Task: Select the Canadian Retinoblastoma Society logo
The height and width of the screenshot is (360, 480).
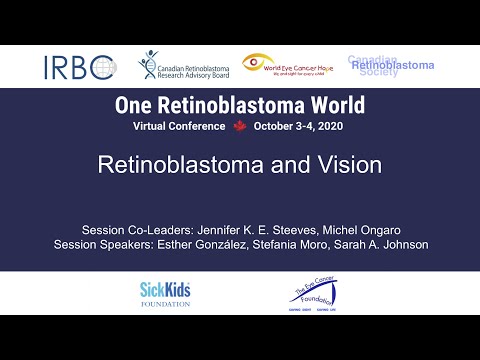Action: point(391,66)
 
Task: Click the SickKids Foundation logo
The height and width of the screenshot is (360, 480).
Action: point(165,293)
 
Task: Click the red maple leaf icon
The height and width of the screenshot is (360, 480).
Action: point(239,127)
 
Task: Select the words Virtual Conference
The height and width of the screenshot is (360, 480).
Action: point(179,127)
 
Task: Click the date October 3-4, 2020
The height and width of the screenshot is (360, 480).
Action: point(299,127)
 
